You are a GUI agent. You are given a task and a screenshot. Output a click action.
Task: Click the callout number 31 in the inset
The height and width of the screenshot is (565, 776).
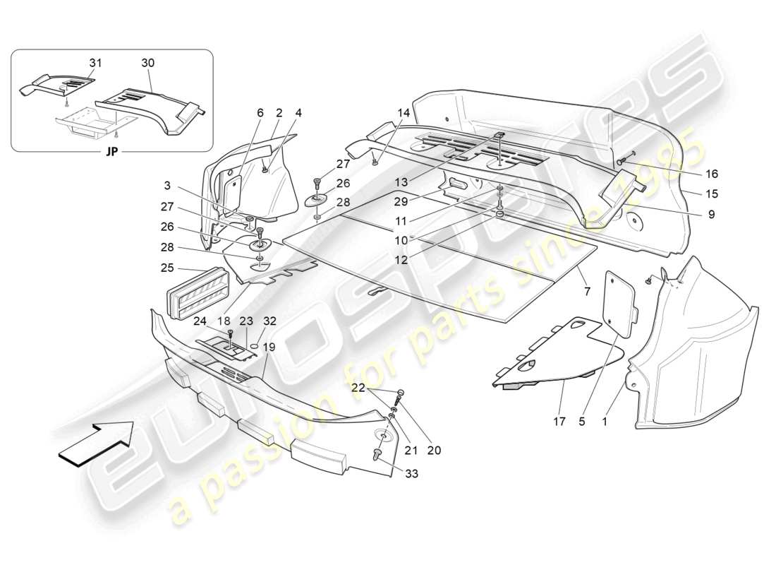(95, 63)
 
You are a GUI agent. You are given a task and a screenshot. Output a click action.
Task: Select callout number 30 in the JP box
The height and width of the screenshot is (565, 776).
(147, 63)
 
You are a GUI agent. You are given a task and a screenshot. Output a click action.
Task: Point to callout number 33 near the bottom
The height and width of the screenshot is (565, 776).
(411, 474)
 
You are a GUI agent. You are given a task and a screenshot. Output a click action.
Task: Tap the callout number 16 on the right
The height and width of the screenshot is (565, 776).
(711, 173)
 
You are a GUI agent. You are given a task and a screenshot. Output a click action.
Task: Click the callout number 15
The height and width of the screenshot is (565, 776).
(711, 194)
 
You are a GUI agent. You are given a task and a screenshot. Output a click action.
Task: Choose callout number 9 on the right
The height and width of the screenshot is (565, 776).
(711, 214)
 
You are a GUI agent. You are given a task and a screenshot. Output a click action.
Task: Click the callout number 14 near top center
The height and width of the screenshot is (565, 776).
(404, 112)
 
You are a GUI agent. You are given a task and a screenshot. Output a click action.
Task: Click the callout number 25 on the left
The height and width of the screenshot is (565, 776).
(167, 268)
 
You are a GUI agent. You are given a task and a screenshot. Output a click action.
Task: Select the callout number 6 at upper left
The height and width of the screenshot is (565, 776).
(260, 112)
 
